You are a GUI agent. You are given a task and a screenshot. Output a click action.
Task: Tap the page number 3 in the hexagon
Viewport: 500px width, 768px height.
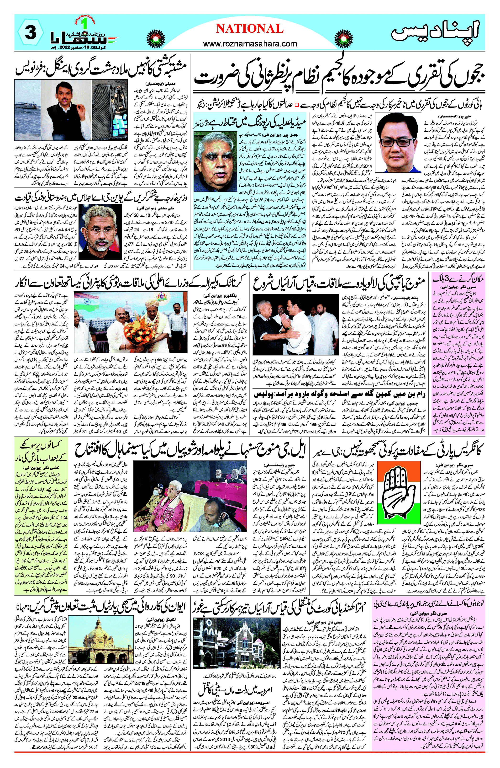pyautogui.click(x=30, y=33)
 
